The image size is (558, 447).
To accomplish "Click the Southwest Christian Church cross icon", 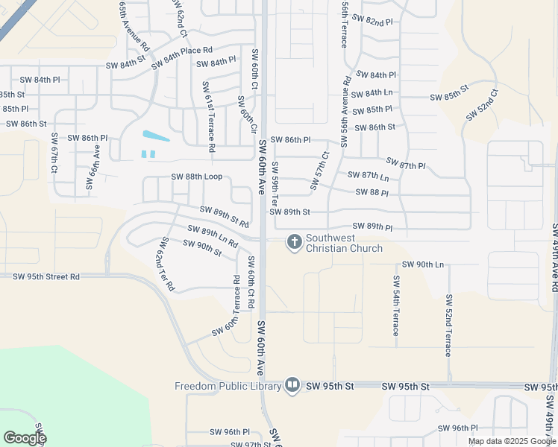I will tap(294, 242).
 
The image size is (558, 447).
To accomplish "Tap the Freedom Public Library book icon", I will tap(292, 385).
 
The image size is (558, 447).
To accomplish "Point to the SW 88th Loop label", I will tap(197, 177).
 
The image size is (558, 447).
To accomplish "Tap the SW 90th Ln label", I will tap(423, 264).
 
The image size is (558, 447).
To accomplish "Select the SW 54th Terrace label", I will tap(396, 305).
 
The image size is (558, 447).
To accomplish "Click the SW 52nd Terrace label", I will tap(449, 325).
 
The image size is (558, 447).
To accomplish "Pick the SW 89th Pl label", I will tap(372, 226).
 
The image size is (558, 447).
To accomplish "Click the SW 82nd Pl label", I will tap(374, 22).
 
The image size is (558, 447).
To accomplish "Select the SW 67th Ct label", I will tap(54, 154).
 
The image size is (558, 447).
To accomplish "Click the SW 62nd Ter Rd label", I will tap(165, 264).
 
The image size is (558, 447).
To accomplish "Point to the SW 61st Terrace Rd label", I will tap(208, 117).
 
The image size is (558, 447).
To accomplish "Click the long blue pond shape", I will tap(155, 136).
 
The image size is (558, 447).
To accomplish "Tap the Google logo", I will tap(25, 437).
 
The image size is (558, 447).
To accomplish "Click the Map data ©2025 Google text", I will tap(512, 441).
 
